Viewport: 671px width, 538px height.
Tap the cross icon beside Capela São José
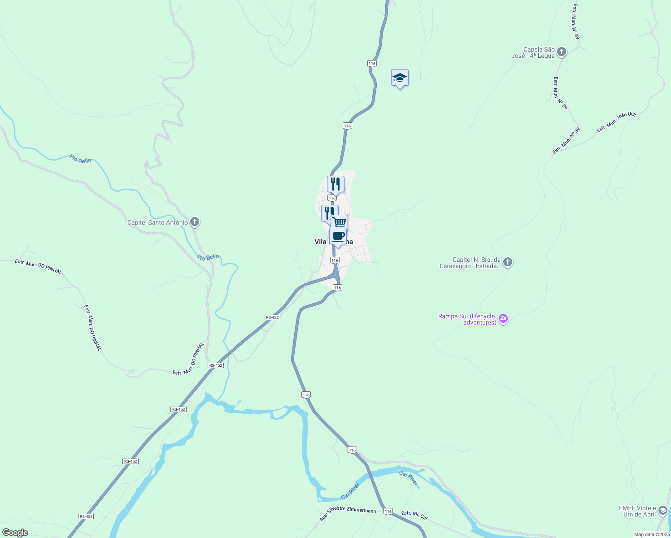pos(562,52)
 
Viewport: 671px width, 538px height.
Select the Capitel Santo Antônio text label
pos(157,222)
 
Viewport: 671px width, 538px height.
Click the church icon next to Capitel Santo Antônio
pos(195,221)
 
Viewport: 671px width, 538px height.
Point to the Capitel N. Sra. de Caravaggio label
pos(470,263)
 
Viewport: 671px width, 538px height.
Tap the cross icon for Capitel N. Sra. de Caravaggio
pos(508,262)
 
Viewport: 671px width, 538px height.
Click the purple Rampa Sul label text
pos(467,319)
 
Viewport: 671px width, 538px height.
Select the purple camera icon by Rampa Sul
pos(503,319)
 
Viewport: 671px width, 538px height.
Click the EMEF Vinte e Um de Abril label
pos(637,511)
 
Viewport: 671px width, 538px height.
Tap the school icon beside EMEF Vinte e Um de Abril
pos(663,510)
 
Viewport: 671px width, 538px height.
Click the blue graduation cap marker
pos(400,78)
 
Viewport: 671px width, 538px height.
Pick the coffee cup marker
pos(338,236)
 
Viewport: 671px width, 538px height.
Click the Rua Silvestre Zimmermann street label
pos(348,515)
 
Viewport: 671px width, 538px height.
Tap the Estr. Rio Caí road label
pos(414,516)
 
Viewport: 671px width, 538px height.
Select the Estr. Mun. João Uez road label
pos(616,122)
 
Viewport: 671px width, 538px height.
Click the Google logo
pos(15,533)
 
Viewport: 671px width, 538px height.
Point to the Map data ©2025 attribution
pos(651,534)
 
